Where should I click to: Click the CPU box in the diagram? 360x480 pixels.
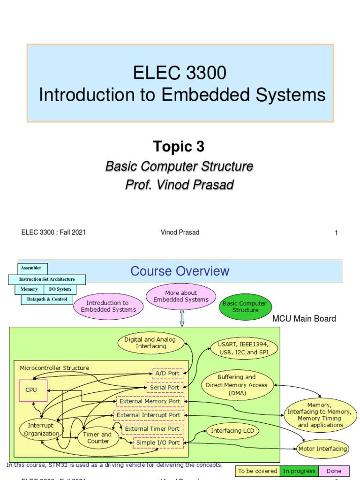[33, 390]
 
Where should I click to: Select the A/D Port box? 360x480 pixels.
[167, 374]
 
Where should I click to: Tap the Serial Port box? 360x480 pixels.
[165, 388]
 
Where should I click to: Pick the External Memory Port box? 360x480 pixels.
[150, 401]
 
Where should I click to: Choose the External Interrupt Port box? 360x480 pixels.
[148, 415]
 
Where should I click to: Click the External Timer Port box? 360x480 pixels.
[152, 429]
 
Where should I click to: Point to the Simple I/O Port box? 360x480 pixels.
[157, 442]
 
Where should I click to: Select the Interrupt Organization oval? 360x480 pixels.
[41, 429]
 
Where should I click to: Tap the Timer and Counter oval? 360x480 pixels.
[98, 437]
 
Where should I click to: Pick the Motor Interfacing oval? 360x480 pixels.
[322, 449]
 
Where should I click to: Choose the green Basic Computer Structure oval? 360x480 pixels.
[245, 307]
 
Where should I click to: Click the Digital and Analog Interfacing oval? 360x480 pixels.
[150, 343]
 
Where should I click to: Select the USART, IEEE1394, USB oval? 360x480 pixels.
[243, 349]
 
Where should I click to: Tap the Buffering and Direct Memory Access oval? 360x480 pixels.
[237, 385]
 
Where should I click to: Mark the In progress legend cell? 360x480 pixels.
[299, 471]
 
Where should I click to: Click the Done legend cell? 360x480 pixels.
[334, 471]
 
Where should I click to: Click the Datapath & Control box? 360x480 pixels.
[47, 299]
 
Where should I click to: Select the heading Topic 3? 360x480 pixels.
[179, 147]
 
